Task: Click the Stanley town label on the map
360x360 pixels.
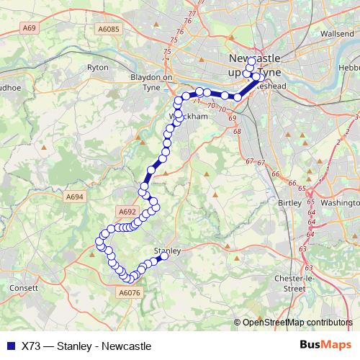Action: (x=165, y=250)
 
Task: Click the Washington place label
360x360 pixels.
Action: (x=340, y=203)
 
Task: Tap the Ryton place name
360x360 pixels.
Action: (x=97, y=67)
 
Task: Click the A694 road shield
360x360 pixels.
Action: (x=75, y=195)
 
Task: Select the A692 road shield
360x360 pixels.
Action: (x=127, y=211)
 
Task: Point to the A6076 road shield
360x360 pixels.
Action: (x=127, y=293)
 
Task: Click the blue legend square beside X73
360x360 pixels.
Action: (x=9, y=346)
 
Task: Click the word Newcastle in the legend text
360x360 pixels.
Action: (x=127, y=346)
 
